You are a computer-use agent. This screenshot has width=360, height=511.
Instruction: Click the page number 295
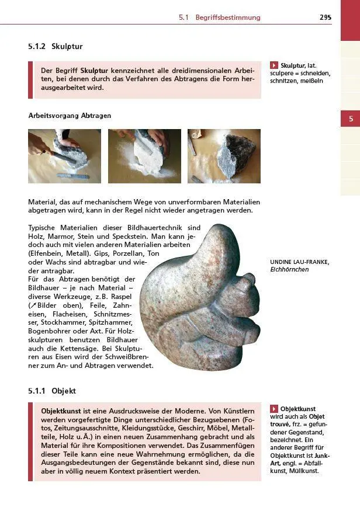(x=325, y=18)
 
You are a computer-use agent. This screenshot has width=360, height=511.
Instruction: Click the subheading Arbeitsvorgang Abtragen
(x=70, y=116)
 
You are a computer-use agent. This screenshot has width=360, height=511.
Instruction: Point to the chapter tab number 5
(x=351, y=119)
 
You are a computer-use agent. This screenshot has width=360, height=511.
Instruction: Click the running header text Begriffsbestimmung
(x=228, y=18)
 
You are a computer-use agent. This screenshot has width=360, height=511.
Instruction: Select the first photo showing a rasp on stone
(x=64, y=156)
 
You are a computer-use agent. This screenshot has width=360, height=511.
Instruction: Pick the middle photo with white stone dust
(x=144, y=156)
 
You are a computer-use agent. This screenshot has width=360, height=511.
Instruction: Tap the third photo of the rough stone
(x=224, y=156)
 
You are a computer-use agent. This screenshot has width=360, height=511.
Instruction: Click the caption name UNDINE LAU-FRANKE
(x=299, y=262)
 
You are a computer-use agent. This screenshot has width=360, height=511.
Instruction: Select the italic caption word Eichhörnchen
(x=289, y=270)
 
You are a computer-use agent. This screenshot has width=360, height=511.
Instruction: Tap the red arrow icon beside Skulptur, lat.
(x=274, y=65)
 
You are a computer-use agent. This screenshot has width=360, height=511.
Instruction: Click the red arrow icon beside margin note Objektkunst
(x=274, y=409)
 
